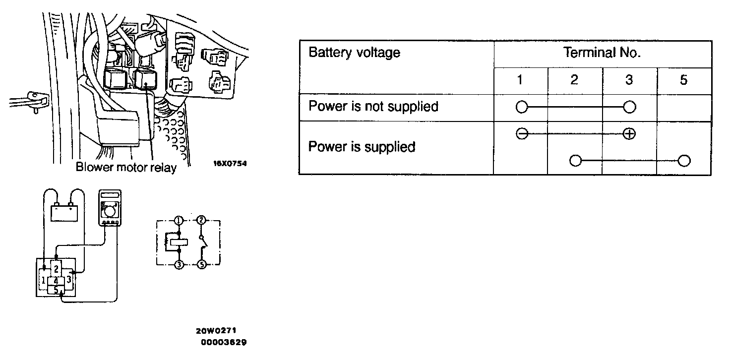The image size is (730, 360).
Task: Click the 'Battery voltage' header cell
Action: point(354,53)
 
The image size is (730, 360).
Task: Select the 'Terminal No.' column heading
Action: point(602,53)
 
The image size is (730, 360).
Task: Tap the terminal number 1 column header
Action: point(520,80)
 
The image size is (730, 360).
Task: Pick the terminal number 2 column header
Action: point(574,80)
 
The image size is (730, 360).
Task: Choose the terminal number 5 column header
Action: point(683,80)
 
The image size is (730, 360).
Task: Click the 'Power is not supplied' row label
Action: point(373,107)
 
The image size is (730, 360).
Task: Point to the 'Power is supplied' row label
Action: point(362,147)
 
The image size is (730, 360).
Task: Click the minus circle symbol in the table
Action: point(521,134)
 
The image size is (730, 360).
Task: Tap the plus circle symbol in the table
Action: point(629,134)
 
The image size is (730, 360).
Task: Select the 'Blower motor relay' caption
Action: point(126,168)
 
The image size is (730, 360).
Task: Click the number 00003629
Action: point(224,342)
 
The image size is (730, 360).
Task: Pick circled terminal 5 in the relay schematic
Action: point(201,265)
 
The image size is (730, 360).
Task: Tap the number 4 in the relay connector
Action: point(57,281)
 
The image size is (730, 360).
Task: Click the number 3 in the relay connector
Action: point(69,280)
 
